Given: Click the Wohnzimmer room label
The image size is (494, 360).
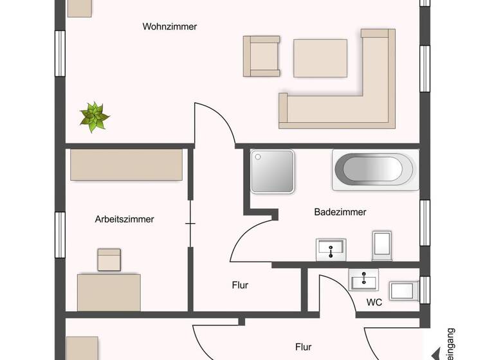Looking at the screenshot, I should pyautogui.click(x=170, y=27).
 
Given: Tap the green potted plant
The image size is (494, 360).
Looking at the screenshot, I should pyautogui.click(x=95, y=116).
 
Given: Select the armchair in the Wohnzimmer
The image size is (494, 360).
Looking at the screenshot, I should pyautogui.click(x=261, y=56).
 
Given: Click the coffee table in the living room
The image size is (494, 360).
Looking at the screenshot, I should pyautogui.click(x=320, y=59).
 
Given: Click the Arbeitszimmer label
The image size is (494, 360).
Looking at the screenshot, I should pyautogui.click(x=124, y=219).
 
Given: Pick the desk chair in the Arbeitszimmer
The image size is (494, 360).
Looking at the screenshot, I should pyautogui.click(x=109, y=259).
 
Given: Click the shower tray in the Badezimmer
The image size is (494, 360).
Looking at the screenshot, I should pyautogui.click(x=272, y=172).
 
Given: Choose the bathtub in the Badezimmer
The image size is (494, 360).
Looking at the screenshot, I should pyautogui.click(x=376, y=170).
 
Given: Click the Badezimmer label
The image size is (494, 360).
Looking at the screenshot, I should pyautogui.click(x=340, y=212).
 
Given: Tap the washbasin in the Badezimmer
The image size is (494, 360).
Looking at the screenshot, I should pyautogui.click(x=331, y=248).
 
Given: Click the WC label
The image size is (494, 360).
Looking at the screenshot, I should pyautogui.click(x=374, y=302).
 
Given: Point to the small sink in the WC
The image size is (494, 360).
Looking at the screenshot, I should pyautogui.click(x=364, y=280).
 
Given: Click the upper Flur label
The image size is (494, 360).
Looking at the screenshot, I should pyautogui.click(x=240, y=285).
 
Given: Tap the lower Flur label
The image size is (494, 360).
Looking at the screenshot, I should pyautogui.click(x=304, y=347).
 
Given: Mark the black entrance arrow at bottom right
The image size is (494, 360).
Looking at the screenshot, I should pyautogui.click(x=439, y=354).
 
